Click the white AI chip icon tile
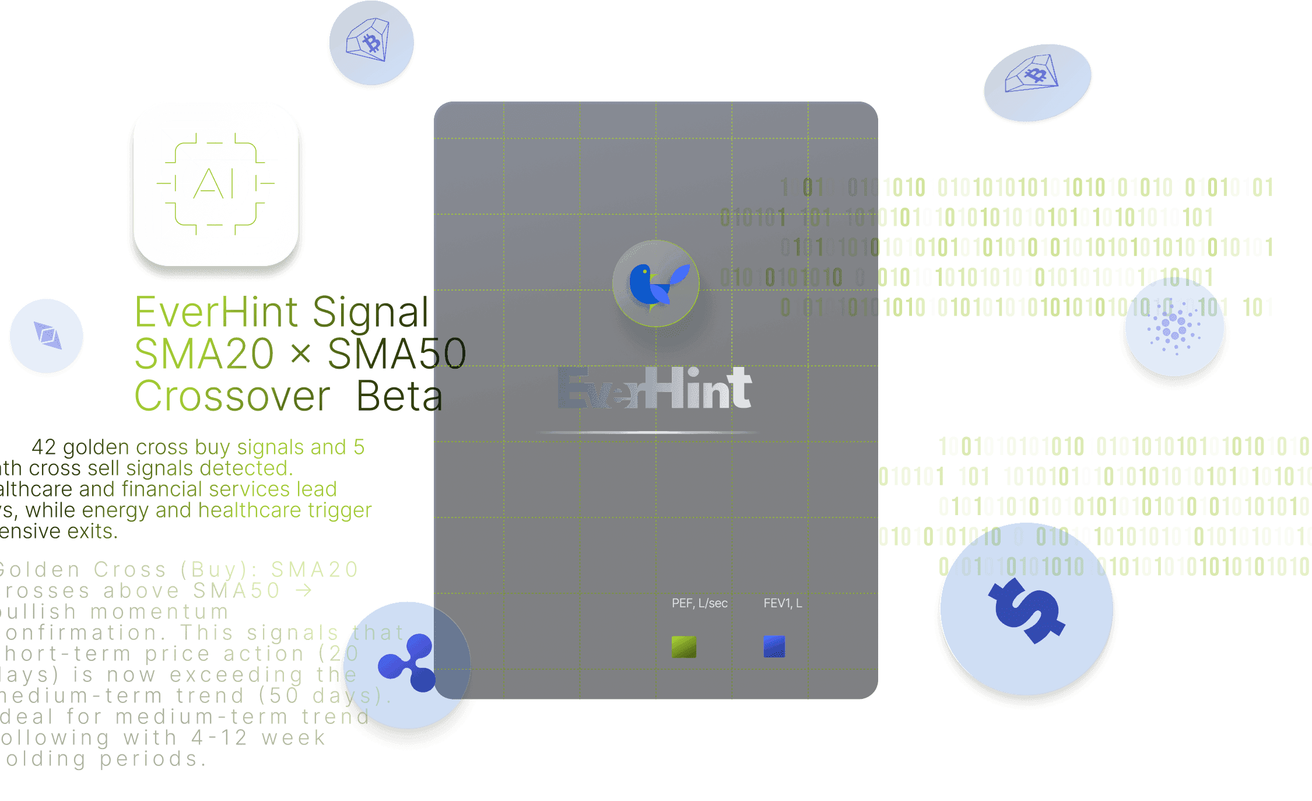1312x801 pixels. click(x=216, y=184)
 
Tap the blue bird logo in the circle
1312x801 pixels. click(x=655, y=284)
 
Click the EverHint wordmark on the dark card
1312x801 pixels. click(x=654, y=388)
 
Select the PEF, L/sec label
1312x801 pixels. click(x=699, y=603)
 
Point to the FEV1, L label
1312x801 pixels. click(x=783, y=603)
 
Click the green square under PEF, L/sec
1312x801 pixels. click(x=684, y=646)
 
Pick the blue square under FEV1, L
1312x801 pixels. click(x=774, y=646)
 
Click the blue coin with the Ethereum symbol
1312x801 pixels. click(x=47, y=335)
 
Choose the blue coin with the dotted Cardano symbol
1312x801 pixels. click(x=1174, y=327)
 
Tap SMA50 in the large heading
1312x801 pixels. click(x=397, y=354)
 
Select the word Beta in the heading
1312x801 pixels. click(x=399, y=396)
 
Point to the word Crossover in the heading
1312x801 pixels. click(x=232, y=396)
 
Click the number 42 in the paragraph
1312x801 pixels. click(x=44, y=447)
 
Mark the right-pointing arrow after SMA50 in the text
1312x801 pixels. click(x=303, y=590)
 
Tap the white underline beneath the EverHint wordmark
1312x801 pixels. click(x=647, y=432)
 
